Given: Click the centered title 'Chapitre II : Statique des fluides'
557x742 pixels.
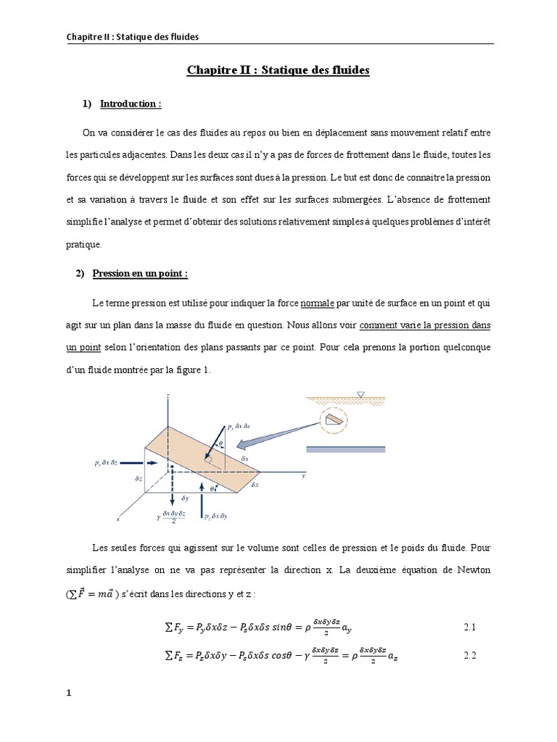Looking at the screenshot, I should click(x=278, y=70).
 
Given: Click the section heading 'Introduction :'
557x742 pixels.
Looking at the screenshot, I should click(x=131, y=104).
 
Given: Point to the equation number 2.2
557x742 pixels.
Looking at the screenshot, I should click(x=470, y=656).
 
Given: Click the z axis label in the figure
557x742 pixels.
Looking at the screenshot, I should click(x=168, y=396).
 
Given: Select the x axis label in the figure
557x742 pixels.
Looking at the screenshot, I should click(x=117, y=519).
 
